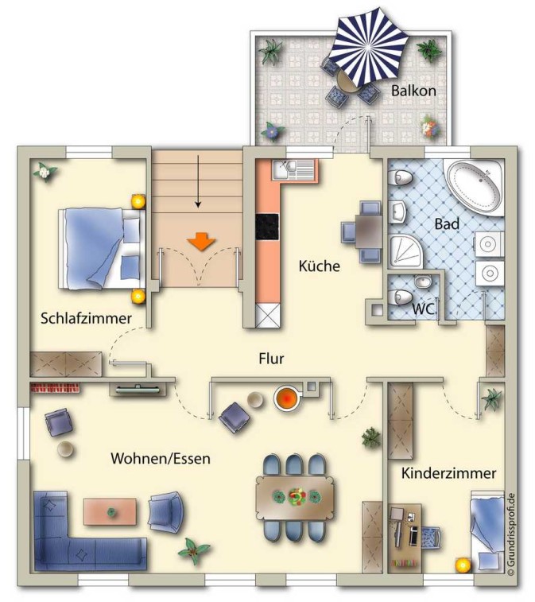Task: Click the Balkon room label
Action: click(x=413, y=91)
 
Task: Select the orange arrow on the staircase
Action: click(x=201, y=242)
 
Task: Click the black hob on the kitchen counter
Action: click(x=267, y=227)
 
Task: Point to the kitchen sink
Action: click(x=293, y=169)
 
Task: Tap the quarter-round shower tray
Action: click(x=405, y=251)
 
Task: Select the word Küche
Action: click(x=320, y=266)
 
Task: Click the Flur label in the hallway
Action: click(x=271, y=359)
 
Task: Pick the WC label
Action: click(x=424, y=309)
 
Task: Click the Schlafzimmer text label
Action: click(x=86, y=318)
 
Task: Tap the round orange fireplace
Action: click(x=286, y=398)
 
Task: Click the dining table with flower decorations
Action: click(x=295, y=497)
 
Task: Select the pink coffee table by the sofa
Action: click(x=110, y=511)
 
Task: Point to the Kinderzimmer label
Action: click(x=448, y=473)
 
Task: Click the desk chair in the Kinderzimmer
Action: click(x=432, y=536)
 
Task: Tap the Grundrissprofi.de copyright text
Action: click(x=511, y=534)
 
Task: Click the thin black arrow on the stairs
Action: click(x=198, y=181)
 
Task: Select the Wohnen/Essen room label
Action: click(x=161, y=458)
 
